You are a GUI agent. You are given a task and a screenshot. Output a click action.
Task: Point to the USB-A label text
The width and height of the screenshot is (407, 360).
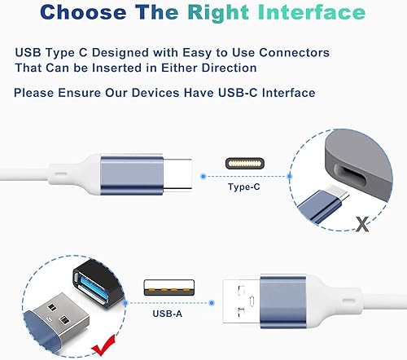pyautogui.click(x=168, y=310)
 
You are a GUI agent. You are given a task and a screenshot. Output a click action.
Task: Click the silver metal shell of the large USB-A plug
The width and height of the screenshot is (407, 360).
pyautogui.click(x=243, y=300)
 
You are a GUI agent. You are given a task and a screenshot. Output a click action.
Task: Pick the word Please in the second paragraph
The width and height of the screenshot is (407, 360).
pyautogui.click(x=36, y=93)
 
